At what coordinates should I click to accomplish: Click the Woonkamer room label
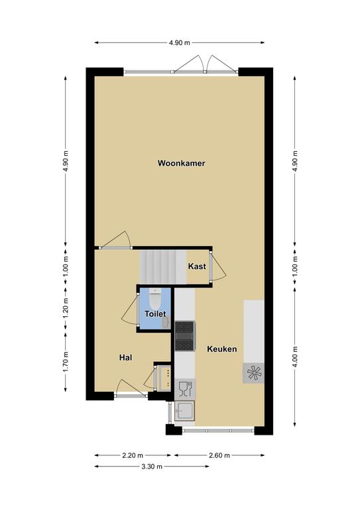181,163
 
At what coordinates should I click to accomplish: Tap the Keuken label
221,349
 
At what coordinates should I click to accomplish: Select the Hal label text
125,357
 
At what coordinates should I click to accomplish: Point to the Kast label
197,266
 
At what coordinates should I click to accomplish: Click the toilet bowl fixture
155,299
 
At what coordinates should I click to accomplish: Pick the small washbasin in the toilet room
166,322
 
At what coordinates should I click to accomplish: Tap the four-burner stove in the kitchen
185,336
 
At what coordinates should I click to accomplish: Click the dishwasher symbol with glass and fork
185,389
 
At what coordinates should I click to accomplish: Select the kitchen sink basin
184,411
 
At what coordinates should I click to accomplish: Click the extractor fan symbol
254,372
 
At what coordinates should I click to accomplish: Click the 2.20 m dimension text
133,455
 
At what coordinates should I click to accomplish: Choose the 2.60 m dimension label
219,455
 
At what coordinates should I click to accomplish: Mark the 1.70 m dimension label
66,362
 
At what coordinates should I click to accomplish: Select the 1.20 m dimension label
66,308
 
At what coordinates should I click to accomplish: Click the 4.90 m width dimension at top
180,42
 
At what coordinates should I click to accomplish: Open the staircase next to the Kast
163,266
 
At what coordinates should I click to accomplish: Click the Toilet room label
155,314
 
